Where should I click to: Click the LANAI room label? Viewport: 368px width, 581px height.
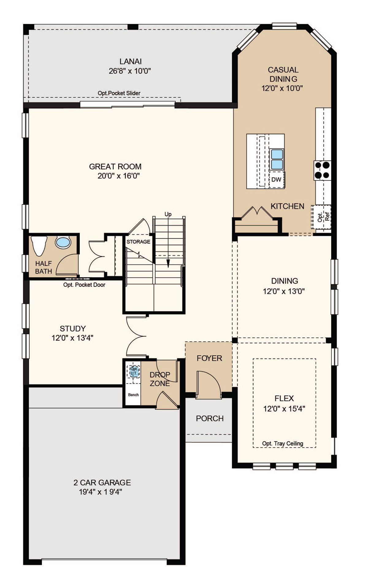[131, 61]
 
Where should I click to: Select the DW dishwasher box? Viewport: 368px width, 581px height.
[276, 180]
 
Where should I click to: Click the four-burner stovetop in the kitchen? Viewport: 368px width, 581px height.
[322, 170]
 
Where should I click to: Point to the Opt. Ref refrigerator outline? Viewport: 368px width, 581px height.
[321, 217]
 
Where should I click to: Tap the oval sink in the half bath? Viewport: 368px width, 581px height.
[63, 242]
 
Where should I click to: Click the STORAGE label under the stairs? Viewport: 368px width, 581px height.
[138, 242]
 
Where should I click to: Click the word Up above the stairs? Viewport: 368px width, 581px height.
[168, 214]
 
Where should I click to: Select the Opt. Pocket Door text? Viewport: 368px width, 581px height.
[84, 285]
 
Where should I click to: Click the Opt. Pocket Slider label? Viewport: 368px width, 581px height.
[119, 93]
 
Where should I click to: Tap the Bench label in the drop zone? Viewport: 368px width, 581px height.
[133, 395]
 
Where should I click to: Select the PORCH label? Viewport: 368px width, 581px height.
[210, 418]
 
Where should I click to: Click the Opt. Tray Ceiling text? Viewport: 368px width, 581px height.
[282, 443]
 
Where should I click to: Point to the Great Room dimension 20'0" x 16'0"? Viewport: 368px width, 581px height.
[119, 176]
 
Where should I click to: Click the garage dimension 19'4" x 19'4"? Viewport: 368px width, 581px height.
[101, 492]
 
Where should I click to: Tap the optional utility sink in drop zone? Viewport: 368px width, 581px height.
[134, 371]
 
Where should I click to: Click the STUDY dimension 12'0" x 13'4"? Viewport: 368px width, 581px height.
[72, 338]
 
